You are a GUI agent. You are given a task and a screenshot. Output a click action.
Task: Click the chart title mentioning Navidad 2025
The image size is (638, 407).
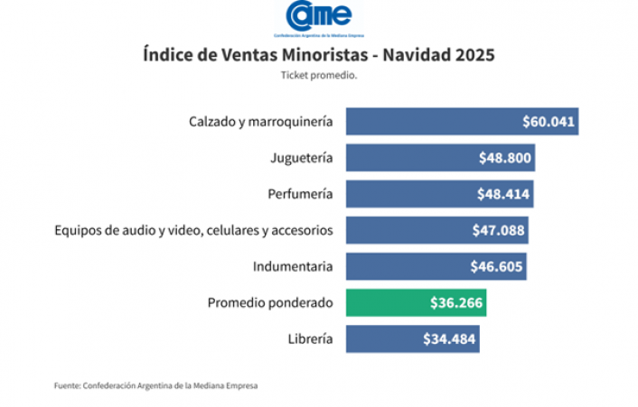tap(318, 55)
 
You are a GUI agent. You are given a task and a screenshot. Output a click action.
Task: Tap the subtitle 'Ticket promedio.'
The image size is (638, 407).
tap(319, 76)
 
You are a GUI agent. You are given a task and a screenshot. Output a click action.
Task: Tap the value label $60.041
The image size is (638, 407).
tap(549, 121)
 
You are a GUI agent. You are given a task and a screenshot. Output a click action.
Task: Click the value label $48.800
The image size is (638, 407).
tap(505, 158)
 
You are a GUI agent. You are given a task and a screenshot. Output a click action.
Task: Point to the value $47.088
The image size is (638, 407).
tap(498, 230)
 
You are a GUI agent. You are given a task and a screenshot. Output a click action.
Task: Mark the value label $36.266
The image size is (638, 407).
tap(456, 303)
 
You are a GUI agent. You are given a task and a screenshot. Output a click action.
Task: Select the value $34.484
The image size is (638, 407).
tap(449, 339)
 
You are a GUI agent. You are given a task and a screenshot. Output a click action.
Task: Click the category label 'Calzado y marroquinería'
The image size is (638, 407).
tap(261, 121)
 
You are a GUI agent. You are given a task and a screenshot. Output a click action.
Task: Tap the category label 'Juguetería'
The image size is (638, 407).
tap(301, 158)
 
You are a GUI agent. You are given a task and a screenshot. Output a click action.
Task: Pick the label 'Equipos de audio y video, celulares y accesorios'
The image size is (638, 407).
tap(194, 230)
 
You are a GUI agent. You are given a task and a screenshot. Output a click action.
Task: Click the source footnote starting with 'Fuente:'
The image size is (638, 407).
tap(155, 386)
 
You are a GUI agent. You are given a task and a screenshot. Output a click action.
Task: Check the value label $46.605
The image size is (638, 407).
tap(496, 266)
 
